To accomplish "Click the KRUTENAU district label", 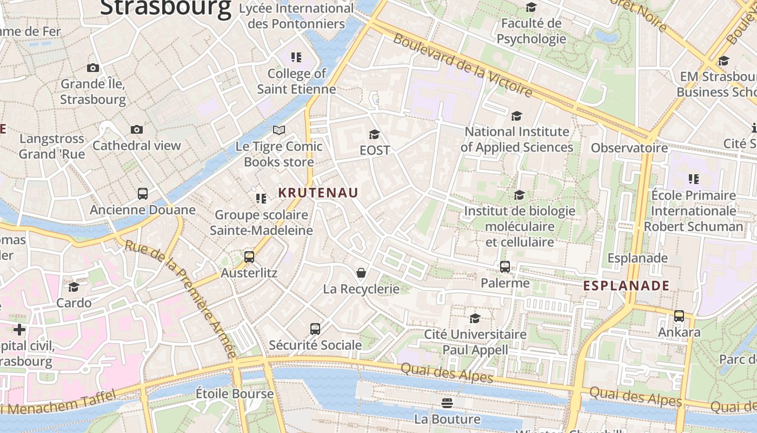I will point(318,193).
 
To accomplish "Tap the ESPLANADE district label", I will point(626,286).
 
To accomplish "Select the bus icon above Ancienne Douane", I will point(143,194).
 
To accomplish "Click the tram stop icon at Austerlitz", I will point(249,257).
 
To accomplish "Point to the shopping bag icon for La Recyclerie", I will point(361,273).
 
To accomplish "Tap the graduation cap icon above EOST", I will point(374,134).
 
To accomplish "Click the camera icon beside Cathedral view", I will point(137,129).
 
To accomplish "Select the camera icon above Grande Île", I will point(93,68).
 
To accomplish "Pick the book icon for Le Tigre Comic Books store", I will point(279,130).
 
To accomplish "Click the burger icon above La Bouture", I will point(447,403).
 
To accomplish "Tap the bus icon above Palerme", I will point(505,267).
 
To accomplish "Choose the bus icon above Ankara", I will point(679,316).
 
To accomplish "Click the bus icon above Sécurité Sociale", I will point(315,329).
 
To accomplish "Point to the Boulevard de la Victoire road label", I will point(463,65).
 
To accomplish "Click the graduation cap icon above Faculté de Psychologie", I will point(532,7).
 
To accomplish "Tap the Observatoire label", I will point(629,148).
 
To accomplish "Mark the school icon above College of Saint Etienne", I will point(296,57).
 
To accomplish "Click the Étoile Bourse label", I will point(235,393).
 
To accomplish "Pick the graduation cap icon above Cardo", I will point(74,287).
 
